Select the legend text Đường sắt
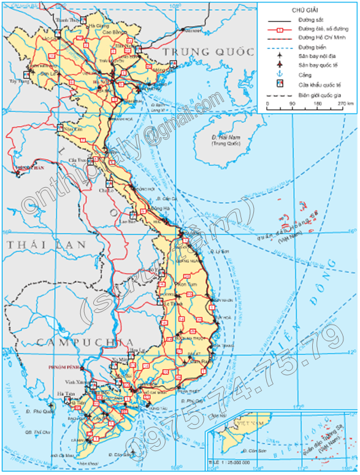tap(310, 20)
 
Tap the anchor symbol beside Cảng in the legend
tap(280, 74)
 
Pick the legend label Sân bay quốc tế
tap(317, 64)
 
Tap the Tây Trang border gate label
tap(20, 80)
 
